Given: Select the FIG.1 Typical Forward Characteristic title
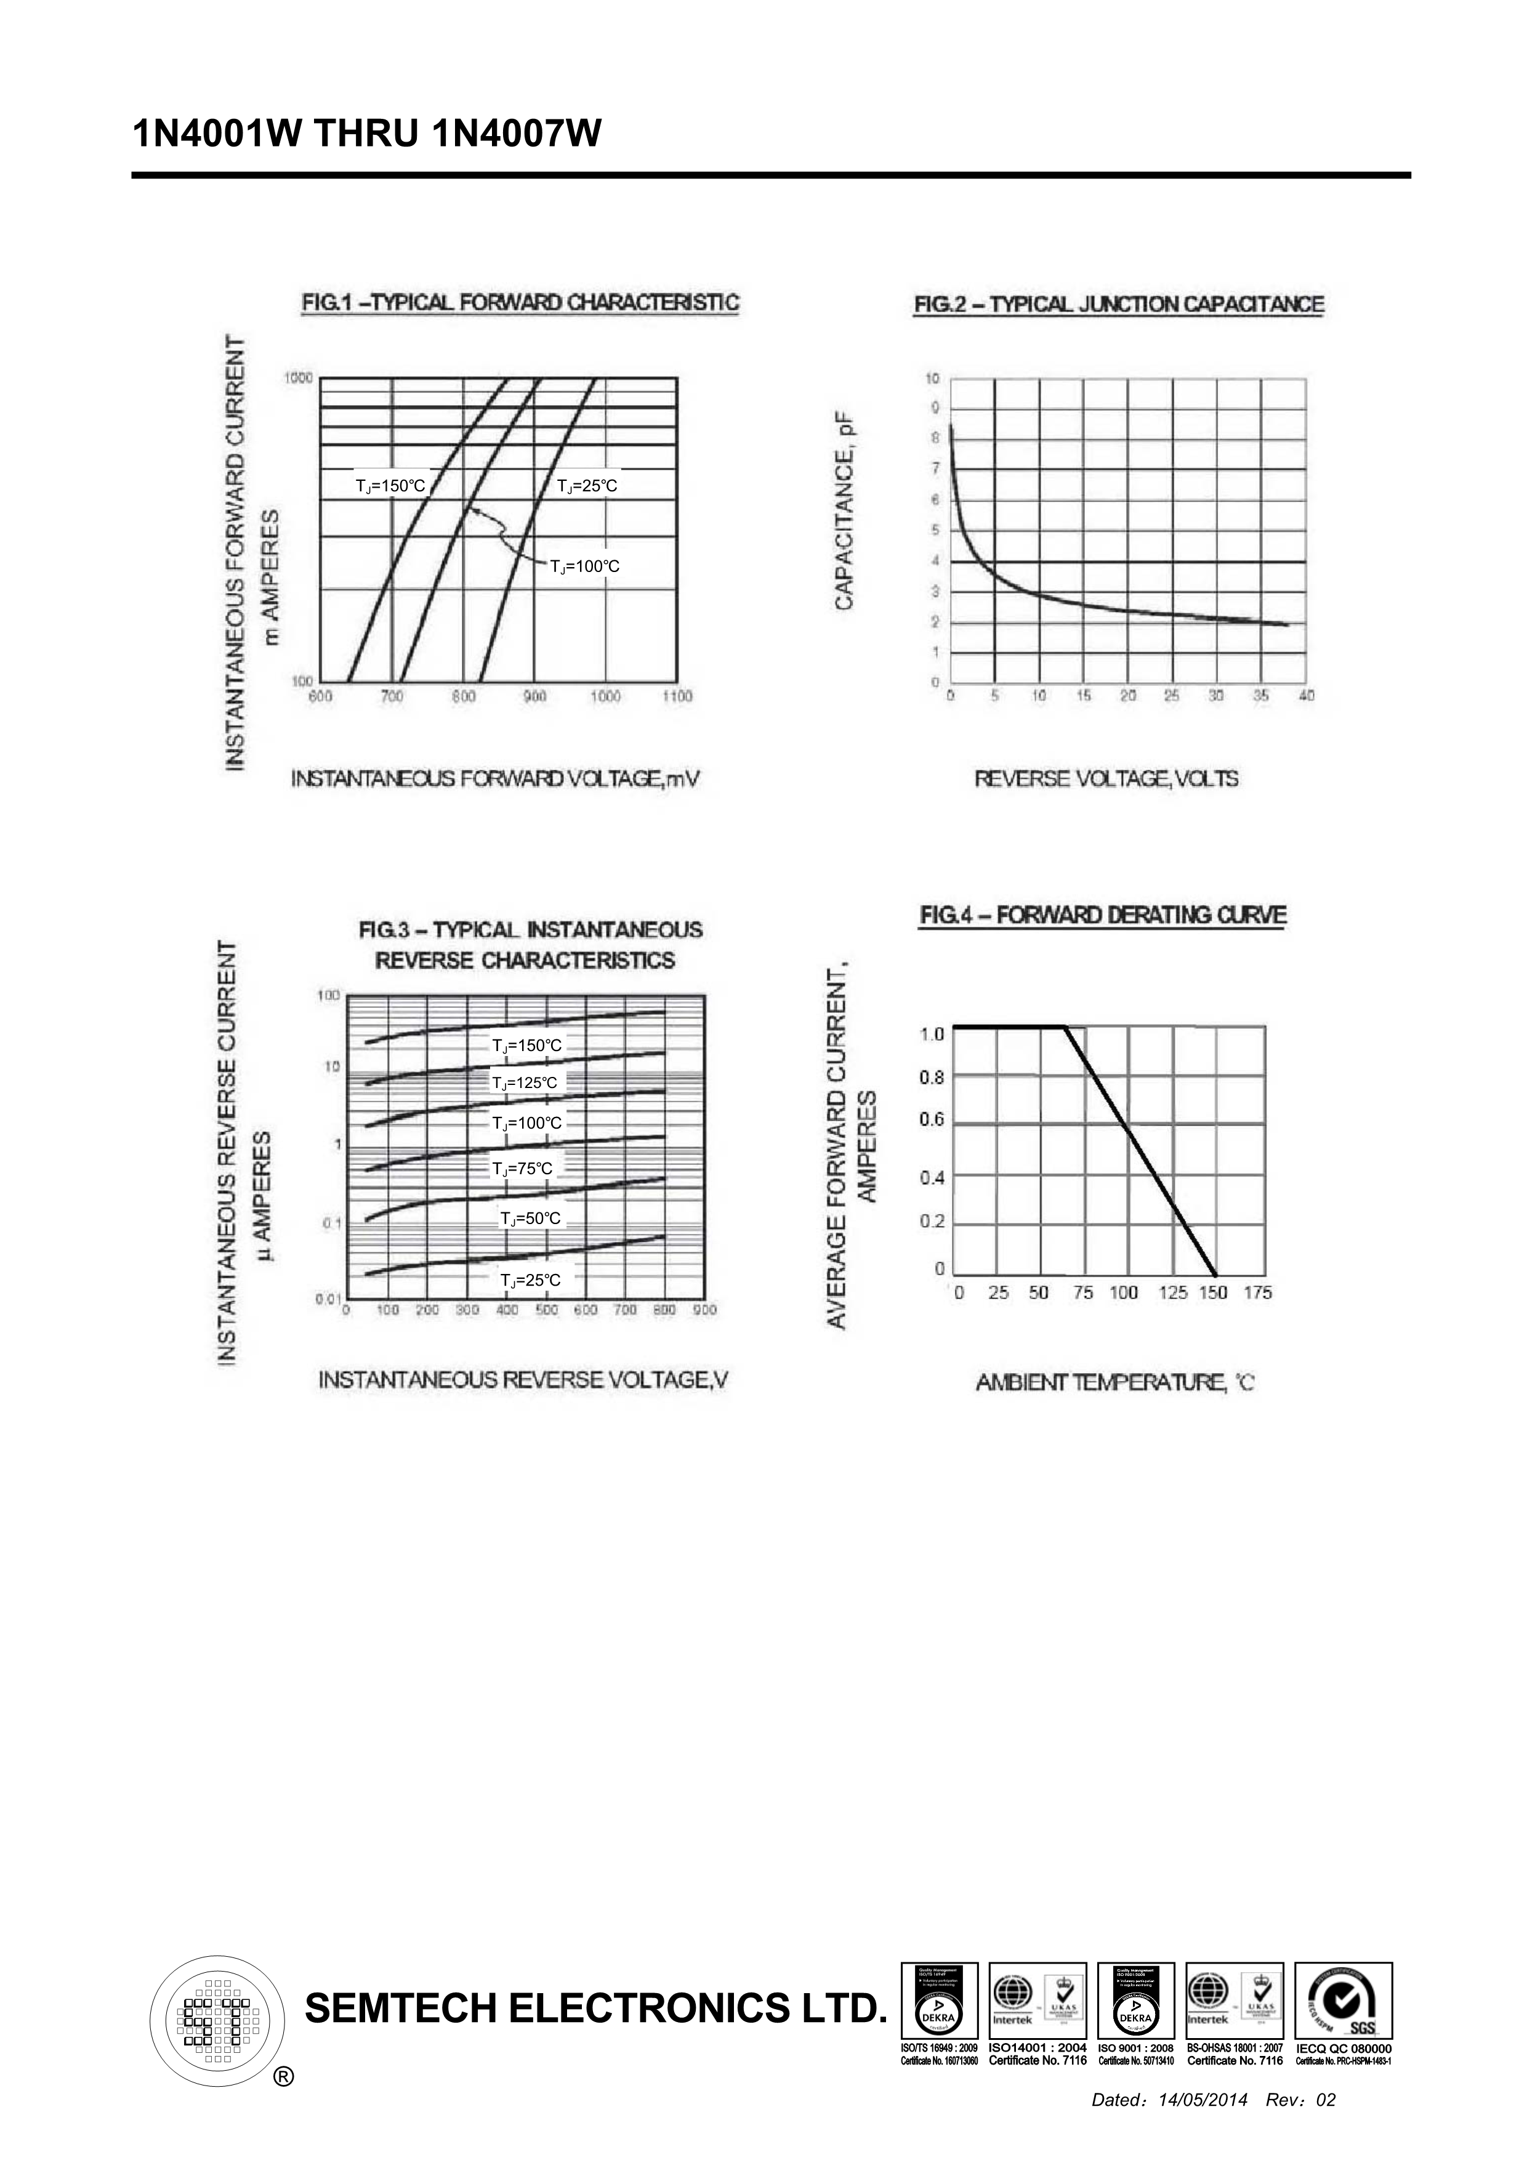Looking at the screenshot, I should coord(519,303).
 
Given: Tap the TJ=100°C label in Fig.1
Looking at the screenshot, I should coord(584,566).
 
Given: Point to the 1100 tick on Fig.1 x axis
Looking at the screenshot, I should coord(677,696).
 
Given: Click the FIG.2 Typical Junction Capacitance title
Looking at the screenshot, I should coord(1119,305).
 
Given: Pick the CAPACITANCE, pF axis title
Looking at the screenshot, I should coord(845,515).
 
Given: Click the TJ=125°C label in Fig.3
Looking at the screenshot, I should coord(525,1083).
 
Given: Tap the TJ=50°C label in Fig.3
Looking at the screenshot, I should coord(531,1219).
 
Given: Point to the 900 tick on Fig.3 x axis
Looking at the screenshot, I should coord(704,1310).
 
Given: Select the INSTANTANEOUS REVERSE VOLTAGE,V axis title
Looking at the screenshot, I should coord(523,1380).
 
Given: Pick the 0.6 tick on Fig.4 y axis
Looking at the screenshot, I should coord(932,1121).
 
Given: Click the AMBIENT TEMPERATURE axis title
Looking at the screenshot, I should coord(1115,1382).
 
